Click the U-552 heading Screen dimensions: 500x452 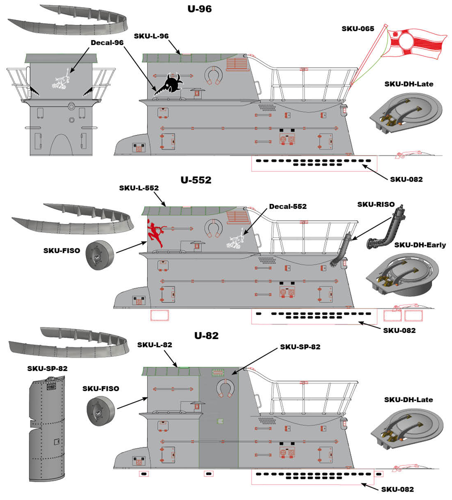[196, 180]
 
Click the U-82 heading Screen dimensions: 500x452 [205, 335]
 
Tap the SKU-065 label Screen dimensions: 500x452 [357, 29]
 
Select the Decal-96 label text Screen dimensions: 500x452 [107, 43]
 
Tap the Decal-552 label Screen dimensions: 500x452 [287, 206]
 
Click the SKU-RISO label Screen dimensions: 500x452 [376, 204]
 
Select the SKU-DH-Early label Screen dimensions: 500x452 [420, 245]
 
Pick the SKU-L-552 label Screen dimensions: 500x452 [139, 188]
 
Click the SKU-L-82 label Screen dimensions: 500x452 [154, 345]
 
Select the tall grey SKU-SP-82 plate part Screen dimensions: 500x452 [48, 428]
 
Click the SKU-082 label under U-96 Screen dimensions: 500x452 [407, 179]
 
